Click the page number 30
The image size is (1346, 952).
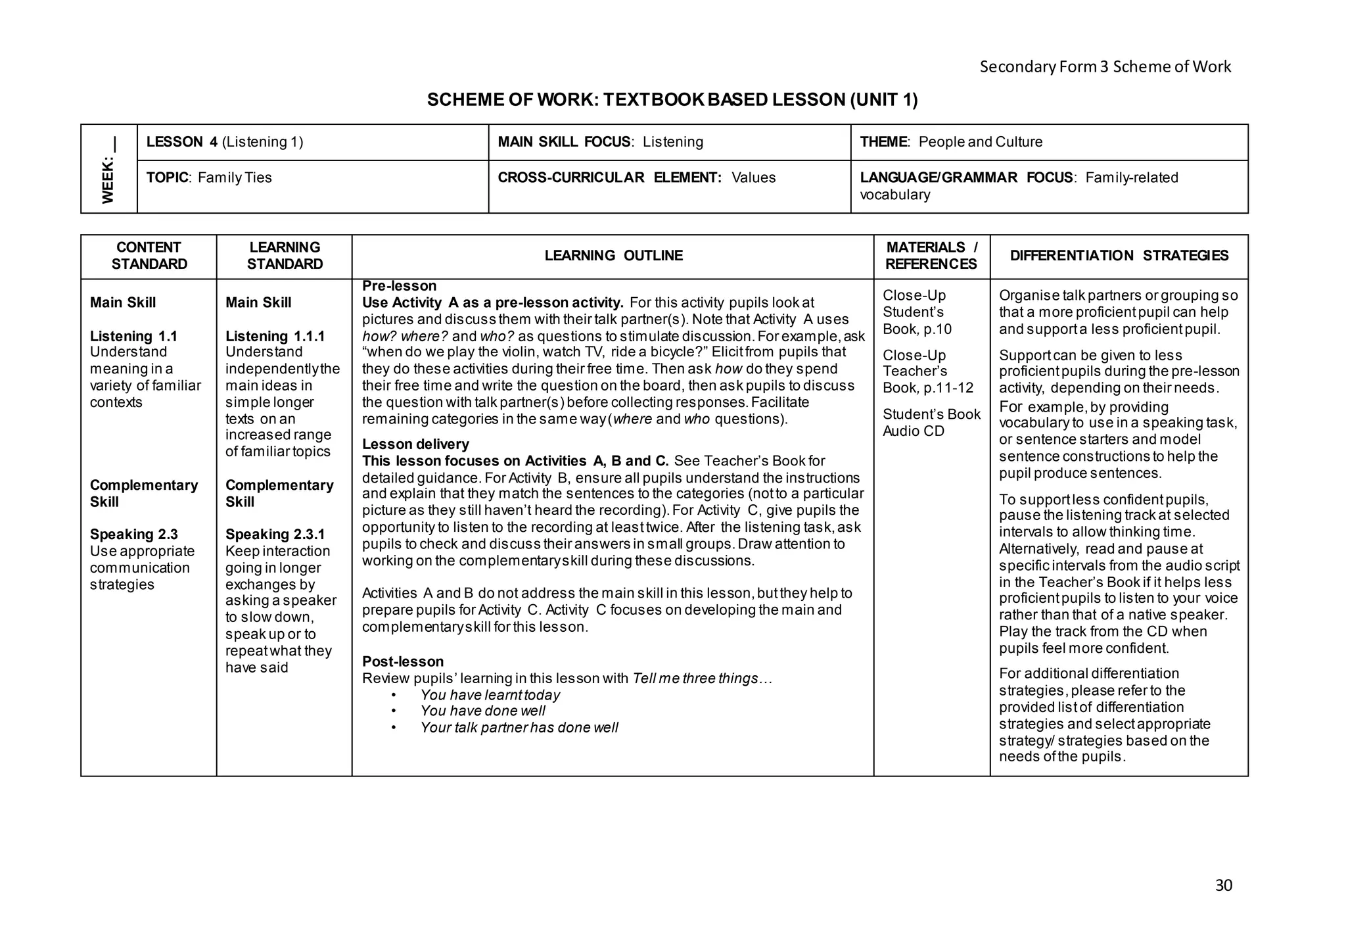(1223, 885)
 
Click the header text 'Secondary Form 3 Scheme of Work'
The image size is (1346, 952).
(1105, 66)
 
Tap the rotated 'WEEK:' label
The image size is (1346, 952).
(108, 178)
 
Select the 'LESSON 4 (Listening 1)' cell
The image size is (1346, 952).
(225, 142)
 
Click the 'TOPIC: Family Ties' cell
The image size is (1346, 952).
(209, 178)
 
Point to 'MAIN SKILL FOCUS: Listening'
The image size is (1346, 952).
(600, 142)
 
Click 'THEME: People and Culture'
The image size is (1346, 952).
(951, 142)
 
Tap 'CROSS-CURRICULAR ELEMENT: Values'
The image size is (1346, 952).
(636, 178)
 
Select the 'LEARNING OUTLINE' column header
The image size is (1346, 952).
(613, 256)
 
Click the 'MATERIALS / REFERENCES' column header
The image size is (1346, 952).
(931, 256)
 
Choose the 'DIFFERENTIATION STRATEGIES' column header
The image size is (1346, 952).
(1119, 256)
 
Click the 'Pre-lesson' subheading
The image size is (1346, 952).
(399, 286)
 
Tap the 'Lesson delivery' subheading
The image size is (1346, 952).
(415, 444)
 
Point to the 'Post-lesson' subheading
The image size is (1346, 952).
(403, 661)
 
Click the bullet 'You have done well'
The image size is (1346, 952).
(482, 711)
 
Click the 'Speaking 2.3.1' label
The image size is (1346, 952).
(275, 535)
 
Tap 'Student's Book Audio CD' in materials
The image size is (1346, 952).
(931, 422)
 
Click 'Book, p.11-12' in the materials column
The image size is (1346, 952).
(927, 388)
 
